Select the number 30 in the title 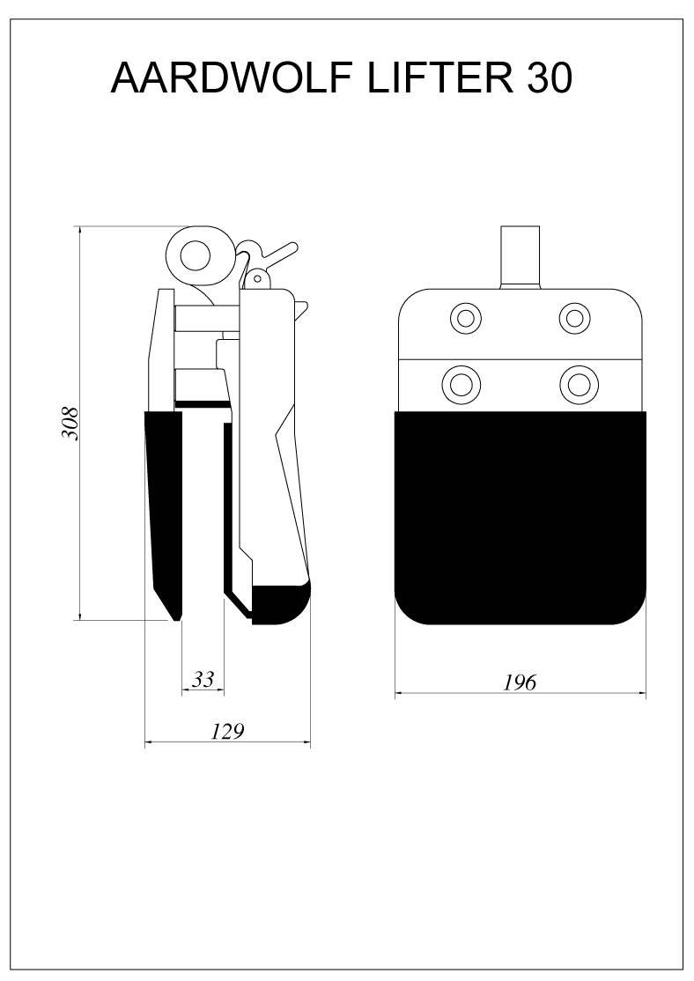pyautogui.click(x=550, y=78)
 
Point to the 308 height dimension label pyautogui.click(x=70, y=424)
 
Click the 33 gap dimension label pyautogui.click(x=203, y=679)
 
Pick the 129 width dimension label pyautogui.click(x=226, y=731)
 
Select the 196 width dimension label pyautogui.click(x=520, y=682)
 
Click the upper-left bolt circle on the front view pyautogui.click(x=466, y=318)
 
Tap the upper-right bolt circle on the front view pyautogui.click(x=574, y=318)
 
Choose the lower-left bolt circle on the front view pyautogui.click(x=461, y=383)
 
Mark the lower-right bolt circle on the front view pyautogui.click(x=579, y=383)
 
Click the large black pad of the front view pyautogui.click(x=520, y=518)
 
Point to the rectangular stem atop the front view pyautogui.click(x=520, y=258)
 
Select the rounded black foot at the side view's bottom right pyautogui.click(x=281, y=604)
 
